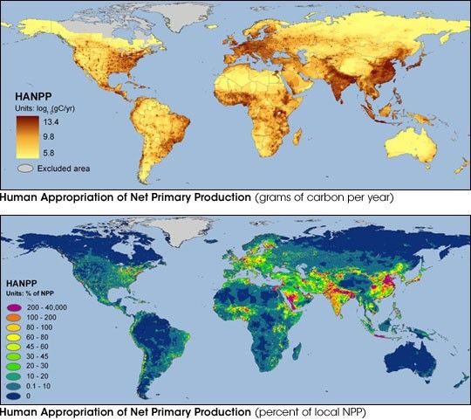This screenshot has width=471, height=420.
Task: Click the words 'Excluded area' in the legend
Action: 65,167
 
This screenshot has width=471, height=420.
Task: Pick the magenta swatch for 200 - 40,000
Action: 14,308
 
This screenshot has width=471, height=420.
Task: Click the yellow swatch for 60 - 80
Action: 14,338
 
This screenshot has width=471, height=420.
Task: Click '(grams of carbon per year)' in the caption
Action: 324,197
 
